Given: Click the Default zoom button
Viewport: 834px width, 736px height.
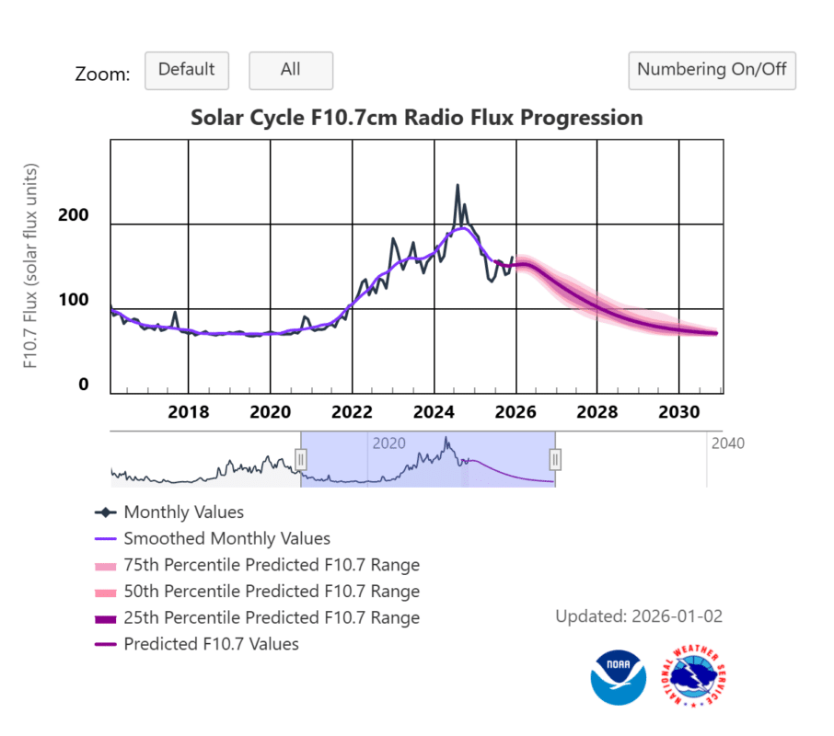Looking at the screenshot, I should tap(186, 70).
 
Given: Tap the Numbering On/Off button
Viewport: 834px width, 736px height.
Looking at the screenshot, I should tap(712, 70).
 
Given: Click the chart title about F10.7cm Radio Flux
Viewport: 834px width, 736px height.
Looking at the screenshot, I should tap(416, 118).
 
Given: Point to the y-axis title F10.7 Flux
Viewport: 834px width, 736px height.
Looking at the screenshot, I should tap(32, 267).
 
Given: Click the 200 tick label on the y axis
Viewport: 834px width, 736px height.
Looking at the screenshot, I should tap(75, 215).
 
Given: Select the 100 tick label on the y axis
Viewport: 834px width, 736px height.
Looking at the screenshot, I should tap(75, 300).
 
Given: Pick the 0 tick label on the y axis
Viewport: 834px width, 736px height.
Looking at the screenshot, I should tap(84, 385).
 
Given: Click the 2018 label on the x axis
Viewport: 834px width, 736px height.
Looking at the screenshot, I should tap(189, 411).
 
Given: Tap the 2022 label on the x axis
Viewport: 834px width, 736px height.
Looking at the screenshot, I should tap(352, 411).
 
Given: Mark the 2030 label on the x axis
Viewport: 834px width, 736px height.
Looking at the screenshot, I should tap(678, 411).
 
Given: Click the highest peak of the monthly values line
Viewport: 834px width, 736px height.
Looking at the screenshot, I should tap(457, 186).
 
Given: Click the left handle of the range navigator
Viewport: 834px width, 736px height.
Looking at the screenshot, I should tap(300, 459).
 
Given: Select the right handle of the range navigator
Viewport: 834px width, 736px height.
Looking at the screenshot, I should tap(555, 459).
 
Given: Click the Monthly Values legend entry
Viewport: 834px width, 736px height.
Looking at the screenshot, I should tap(183, 512).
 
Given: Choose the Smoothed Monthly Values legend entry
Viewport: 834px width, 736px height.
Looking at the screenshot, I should tap(226, 539).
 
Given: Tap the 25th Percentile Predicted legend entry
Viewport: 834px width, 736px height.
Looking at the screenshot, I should tap(272, 618).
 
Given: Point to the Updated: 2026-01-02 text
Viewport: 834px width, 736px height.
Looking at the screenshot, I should tap(639, 616).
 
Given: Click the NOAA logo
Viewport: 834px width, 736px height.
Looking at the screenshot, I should tap(617, 677).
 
